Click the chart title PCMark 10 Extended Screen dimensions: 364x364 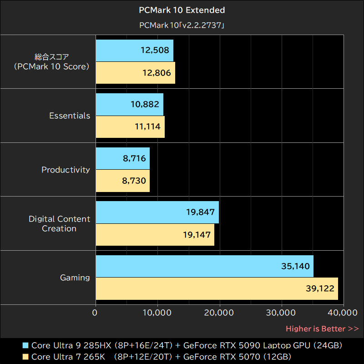[x=182, y=10]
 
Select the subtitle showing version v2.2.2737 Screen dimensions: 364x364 [x=182, y=26]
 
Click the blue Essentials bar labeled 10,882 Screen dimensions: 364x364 [x=129, y=105]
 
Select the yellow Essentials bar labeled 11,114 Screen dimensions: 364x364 [x=130, y=126]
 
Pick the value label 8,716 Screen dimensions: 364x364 [x=134, y=158]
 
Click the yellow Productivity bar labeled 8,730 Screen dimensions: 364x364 [x=122, y=181]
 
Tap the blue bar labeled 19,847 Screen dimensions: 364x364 [x=157, y=212]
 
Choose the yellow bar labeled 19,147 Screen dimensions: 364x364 [x=155, y=235]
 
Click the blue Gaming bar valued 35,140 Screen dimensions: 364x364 [x=204, y=266]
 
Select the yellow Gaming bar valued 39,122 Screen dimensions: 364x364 [x=217, y=288]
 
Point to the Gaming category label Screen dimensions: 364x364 [x=75, y=278]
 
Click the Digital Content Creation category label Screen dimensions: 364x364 [x=60, y=223]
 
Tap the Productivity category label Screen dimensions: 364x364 [x=66, y=170]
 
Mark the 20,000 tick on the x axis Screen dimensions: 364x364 [x=220, y=313]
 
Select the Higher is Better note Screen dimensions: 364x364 [x=322, y=329]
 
